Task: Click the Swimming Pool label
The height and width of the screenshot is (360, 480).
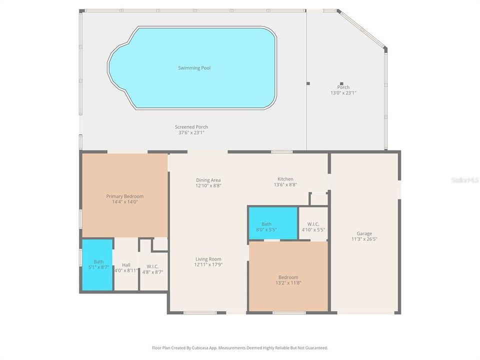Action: tap(194, 68)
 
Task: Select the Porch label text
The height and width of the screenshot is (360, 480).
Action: tap(343, 87)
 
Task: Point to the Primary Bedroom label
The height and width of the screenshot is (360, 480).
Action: tap(124, 196)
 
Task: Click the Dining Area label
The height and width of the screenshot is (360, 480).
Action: tap(208, 180)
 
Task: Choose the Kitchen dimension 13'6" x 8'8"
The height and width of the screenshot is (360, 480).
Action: tap(285, 185)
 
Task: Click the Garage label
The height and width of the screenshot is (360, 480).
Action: tap(364, 233)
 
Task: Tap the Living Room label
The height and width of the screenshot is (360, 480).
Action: tap(208, 259)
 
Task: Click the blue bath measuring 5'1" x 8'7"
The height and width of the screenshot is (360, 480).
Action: tap(97, 264)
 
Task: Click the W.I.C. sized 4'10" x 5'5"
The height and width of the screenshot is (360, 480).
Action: tap(313, 226)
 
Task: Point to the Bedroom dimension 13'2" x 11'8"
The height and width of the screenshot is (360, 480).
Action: tap(288, 283)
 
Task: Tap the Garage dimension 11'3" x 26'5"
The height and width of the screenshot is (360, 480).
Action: tap(364, 239)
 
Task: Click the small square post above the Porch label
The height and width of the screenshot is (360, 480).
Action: tap(341, 83)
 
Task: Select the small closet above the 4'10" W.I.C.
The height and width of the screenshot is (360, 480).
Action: tap(318, 198)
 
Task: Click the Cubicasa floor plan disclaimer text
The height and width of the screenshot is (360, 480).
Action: tap(240, 347)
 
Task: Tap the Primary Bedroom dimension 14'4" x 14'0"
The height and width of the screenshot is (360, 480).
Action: tap(124, 202)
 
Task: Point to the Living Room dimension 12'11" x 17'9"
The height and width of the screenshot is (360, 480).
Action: tap(208, 264)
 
